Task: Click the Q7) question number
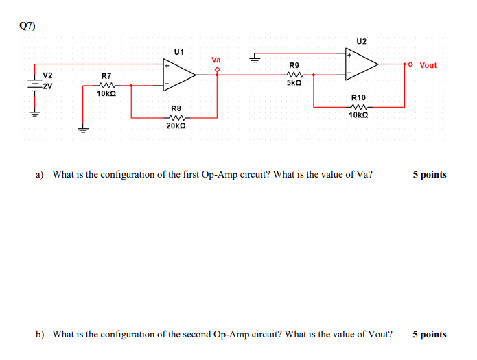pyautogui.click(x=27, y=25)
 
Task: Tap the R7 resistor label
pyautogui.click(x=106, y=75)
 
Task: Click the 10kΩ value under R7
pyautogui.click(x=106, y=93)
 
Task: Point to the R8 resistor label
pyautogui.click(x=176, y=108)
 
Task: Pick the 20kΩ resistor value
pyautogui.click(x=176, y=126)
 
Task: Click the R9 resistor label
pyautogui.click(x=294, y=65)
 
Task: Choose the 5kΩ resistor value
pyautogui.click(x=294, y=83)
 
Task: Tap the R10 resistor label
pyautogui.click(x=359, y=98)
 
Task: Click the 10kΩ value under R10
pyautogui.click(x=359, y=116)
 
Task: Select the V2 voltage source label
pyautogui.click(x=48, y=75)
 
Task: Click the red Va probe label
pyautogui.click(x=217, y=60)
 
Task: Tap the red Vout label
pyautogui.click(x=428, y=65)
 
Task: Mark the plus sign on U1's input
pyautogui.click(x=166, y=67)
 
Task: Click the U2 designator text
pyautogui.click(x=362, y=41)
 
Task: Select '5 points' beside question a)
pyautogui.click(x=429, y=174)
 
